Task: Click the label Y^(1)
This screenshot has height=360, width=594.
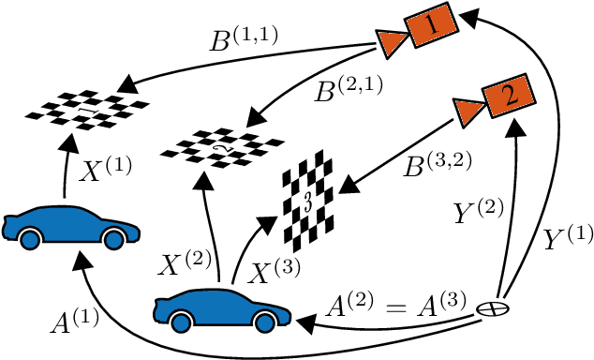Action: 563,240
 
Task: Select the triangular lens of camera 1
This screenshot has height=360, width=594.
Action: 389,40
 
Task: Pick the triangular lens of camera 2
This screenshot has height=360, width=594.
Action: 465,112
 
